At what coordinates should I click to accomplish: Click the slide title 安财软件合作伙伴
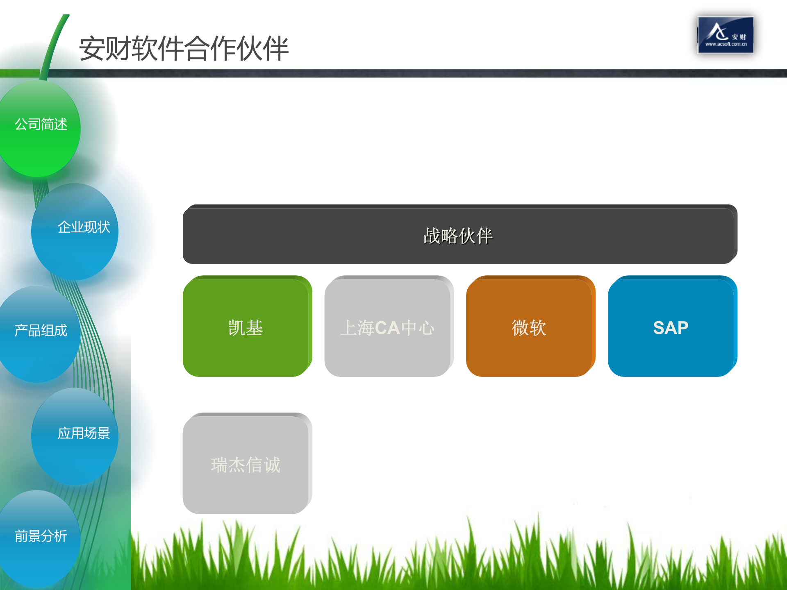click(184, 48)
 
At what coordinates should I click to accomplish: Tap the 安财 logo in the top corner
click(725, 34)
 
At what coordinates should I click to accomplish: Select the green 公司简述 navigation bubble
click(40, 128)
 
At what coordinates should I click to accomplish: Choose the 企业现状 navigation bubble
click(75, 231)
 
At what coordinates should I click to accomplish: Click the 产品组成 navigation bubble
click(40, 334)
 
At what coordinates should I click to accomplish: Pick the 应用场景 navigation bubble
click(75, 436)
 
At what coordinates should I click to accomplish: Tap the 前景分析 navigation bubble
click(40, 538)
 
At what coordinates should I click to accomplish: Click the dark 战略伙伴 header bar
click(460, 234)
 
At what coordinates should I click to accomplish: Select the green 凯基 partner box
click(246, 327)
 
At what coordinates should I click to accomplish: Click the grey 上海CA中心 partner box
click(388, 327)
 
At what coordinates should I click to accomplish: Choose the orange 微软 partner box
click(529, 327)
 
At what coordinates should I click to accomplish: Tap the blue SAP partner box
click(671, 327)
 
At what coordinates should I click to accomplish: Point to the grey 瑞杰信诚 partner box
click(246, 464)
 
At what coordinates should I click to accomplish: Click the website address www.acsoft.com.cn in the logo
click(726, 44)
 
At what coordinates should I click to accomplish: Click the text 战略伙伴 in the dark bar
click(458, 236)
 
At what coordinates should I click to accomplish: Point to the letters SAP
click(671, 328)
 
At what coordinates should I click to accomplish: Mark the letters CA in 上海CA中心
click(387, 328)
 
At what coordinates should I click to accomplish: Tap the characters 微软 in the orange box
click(529, 328)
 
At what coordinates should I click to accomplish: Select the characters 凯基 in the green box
click(246, 328)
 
